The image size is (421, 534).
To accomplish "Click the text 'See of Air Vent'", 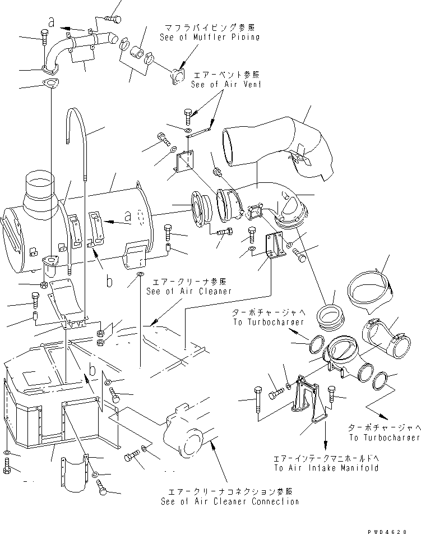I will coord(226,85).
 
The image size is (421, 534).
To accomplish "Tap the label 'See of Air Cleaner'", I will coord(188,291).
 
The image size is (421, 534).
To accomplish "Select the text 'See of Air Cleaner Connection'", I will coord(229,501).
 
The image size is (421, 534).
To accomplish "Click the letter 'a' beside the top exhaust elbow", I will coord(52,22).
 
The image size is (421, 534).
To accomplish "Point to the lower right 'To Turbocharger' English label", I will coord(383,438).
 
